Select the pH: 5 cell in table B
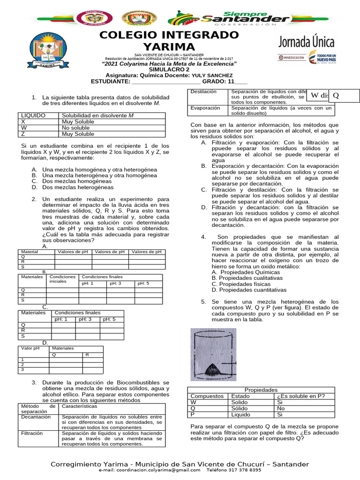[x=143, y=284]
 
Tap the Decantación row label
[x=36, y=416]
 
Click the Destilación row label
[x=204, y=91]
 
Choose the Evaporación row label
[x=205, y=108]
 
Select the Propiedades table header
[x=261, y=390]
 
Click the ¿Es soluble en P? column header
[x=300, y=396]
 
